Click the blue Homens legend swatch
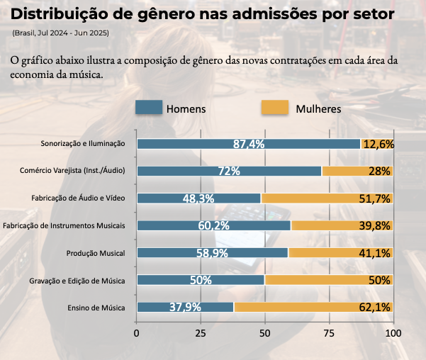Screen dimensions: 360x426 pos(149,108)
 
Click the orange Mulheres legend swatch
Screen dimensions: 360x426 pos(275,108)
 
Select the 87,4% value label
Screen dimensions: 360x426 pos(249,144)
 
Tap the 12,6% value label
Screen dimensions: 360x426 pos(378,144)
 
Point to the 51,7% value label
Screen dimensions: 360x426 pos(375,198)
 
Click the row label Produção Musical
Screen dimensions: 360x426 pos(96,253)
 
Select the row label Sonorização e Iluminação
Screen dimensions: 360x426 pos(83,144)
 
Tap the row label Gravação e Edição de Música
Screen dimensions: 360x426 pos(77,281)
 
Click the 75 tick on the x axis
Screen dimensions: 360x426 pos(329,332)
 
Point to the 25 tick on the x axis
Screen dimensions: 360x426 pos(201,332)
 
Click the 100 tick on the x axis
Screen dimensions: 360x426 pos(393,332)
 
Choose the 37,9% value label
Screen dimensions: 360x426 pos(186,308)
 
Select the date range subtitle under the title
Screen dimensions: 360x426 pos(59,33)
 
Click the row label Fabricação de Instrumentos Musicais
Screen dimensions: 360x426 pos(65,225)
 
